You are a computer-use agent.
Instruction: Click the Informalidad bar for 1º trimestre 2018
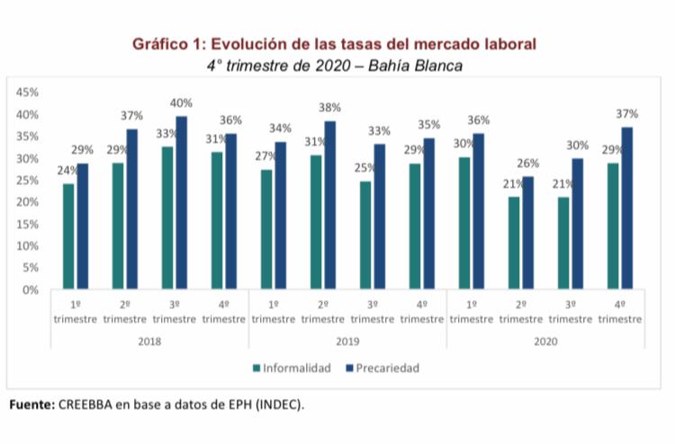coord(68,236)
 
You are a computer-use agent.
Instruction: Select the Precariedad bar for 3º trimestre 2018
coord(181,203)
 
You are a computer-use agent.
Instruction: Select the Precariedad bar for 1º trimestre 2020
coord(478,211)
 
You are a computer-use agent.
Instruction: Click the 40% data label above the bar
coord(183,103)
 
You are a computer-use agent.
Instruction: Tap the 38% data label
coord(329,108)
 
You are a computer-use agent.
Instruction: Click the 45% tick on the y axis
coord(27,93)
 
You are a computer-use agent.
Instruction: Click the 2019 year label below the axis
coord(347,342)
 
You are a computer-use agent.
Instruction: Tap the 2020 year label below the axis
coord(545,342)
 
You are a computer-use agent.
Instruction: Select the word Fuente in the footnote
coord(32,404)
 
